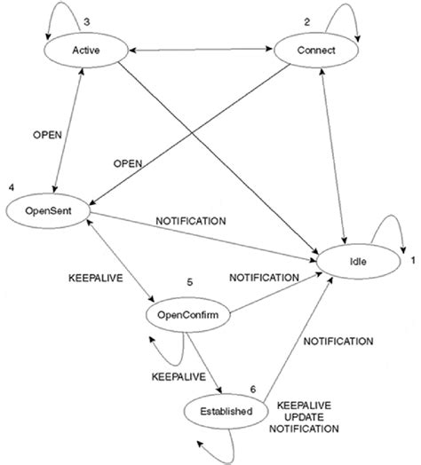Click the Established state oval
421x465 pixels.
223,411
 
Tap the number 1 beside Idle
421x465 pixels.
411,260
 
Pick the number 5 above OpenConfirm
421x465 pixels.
190,282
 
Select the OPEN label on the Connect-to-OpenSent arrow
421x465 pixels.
129,164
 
